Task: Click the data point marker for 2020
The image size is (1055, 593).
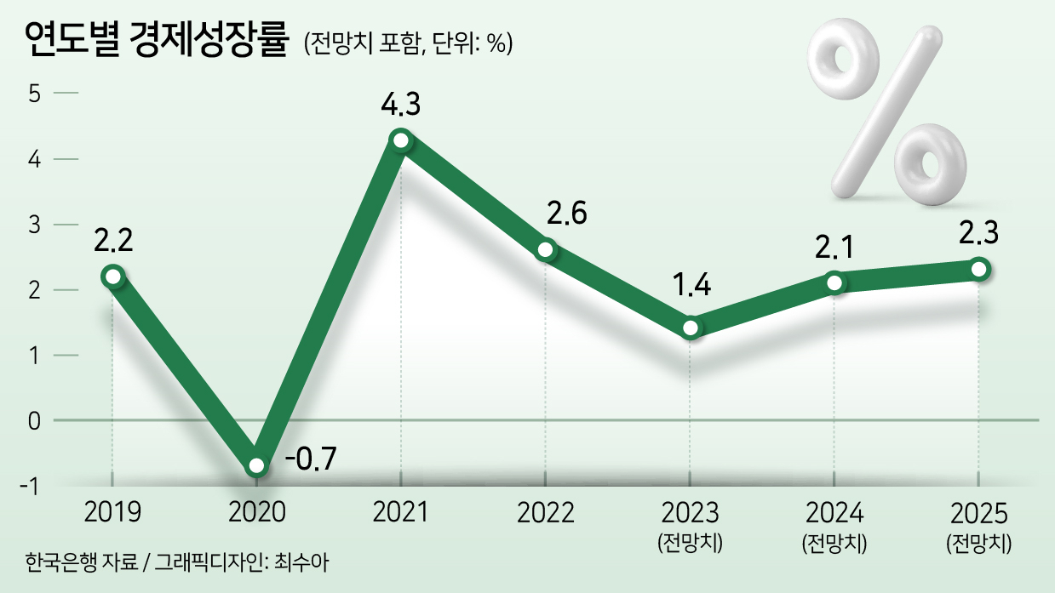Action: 256,465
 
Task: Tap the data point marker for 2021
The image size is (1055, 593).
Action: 401,140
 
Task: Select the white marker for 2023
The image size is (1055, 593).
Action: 691,328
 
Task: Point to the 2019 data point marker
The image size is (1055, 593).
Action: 113,277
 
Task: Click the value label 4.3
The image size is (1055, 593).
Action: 401,105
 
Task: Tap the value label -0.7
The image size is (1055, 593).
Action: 311,459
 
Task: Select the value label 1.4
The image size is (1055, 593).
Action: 691,285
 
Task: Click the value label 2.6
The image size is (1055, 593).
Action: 566,214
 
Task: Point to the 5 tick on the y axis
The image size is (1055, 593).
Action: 34,94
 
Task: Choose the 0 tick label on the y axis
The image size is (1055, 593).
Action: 34,421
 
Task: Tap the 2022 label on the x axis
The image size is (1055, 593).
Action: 546,512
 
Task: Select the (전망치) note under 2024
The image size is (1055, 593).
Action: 834,543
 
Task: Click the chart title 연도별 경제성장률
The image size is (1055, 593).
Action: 156,40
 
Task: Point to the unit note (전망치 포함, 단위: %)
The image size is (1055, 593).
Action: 408,43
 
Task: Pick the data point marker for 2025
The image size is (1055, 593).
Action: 978,270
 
